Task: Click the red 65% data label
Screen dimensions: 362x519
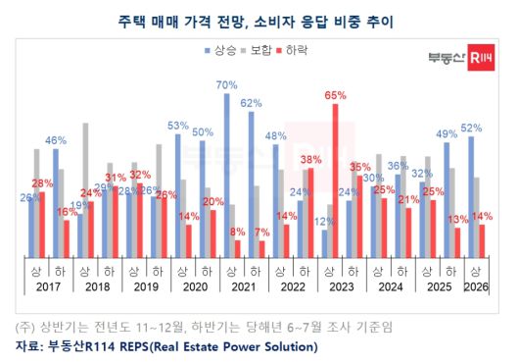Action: coord(335,95)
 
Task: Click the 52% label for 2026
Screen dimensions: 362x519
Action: coord(472,129)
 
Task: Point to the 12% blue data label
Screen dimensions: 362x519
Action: coord(323,222)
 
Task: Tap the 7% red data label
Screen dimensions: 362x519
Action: coord(261,233)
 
